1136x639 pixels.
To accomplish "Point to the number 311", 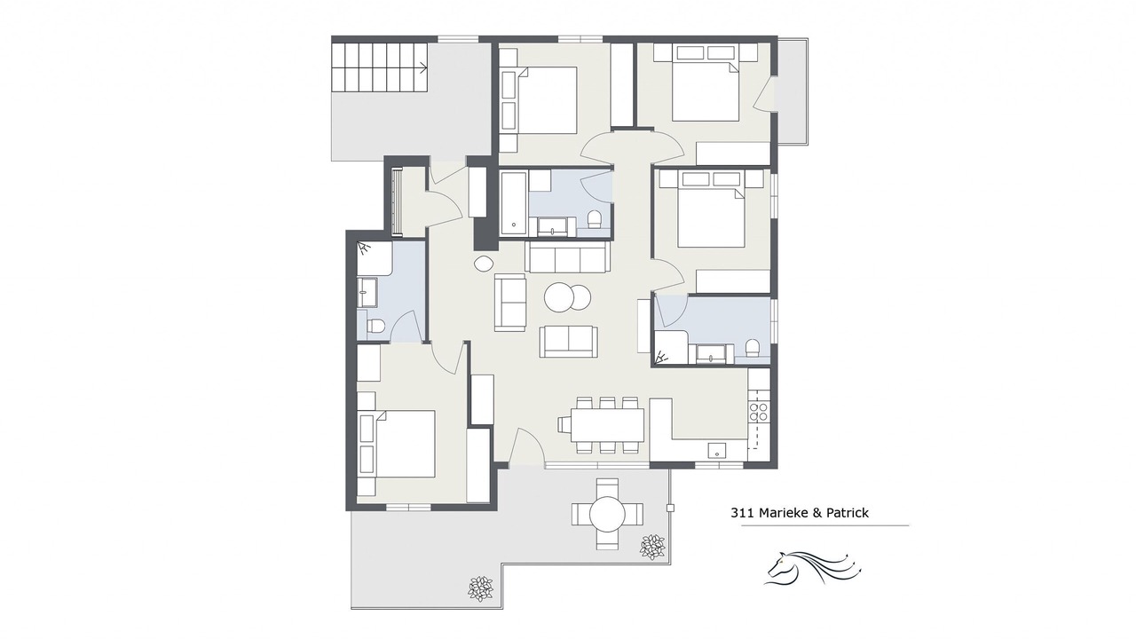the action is point(742,513).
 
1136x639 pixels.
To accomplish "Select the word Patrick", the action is point(848,513).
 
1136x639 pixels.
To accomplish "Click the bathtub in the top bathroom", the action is point(514,203).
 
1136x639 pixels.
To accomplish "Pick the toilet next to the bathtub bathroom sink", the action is point(595,219).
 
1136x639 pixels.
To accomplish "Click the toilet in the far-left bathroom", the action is point(375,326).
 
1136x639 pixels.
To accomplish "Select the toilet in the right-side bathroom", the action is point(753,347).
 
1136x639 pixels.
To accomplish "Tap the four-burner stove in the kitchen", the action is point(759,412).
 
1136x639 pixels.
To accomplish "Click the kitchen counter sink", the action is point(718,450).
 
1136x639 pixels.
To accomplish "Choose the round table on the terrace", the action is point(607,514).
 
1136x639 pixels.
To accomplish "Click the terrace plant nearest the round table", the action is point(652,547).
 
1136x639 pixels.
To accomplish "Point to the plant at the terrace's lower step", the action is point(480,588).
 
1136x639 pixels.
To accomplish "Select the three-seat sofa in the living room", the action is point(567,257).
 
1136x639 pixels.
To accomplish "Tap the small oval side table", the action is point(483,263).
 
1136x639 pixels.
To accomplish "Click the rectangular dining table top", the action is point(607,424).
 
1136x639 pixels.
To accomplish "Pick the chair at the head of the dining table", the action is point(564,424).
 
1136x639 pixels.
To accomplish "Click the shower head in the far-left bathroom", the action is point(364,248).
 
